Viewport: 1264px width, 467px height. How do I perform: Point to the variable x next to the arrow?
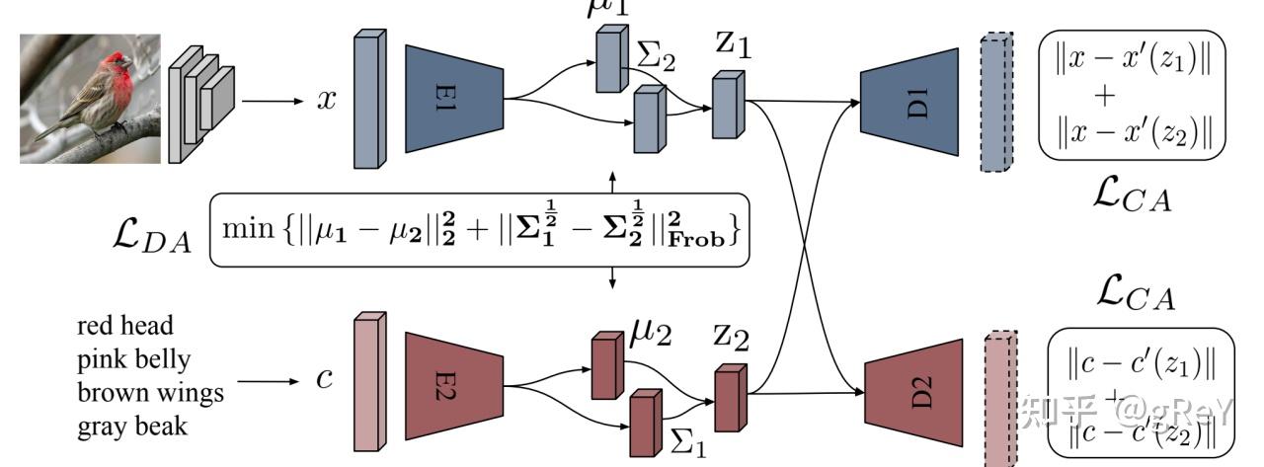click(x=325, y=101)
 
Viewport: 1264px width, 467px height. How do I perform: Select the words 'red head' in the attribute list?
click(x=123, y=326)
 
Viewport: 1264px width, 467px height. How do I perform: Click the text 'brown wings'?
click(x=150, y=392)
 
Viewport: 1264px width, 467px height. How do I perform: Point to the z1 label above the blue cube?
click(x=730, y=45)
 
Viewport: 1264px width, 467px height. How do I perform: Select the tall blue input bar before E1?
click(x=369, y=100)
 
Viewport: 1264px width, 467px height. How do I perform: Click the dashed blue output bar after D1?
click(x=997, y=101)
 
